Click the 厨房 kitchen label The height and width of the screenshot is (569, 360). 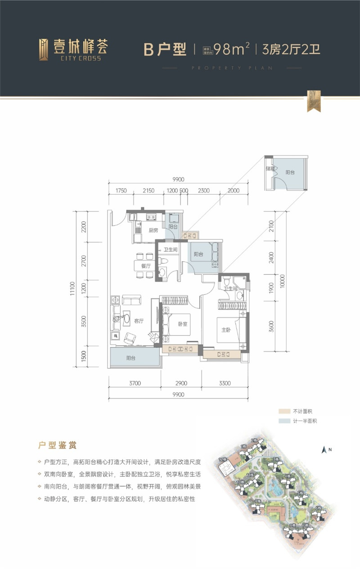tap(153, 230)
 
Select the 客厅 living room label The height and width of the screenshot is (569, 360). tap(139, 321)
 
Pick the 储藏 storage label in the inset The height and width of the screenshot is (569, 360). tap(270, 169)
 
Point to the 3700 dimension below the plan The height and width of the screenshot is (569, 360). tap(135, 383)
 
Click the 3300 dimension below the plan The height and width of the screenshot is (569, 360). tap(225, 383)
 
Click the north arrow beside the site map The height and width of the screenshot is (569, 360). tap(323, 449)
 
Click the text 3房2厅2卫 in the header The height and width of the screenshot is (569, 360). tap(291, 49)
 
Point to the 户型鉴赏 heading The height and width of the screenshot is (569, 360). tap(57, 445)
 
